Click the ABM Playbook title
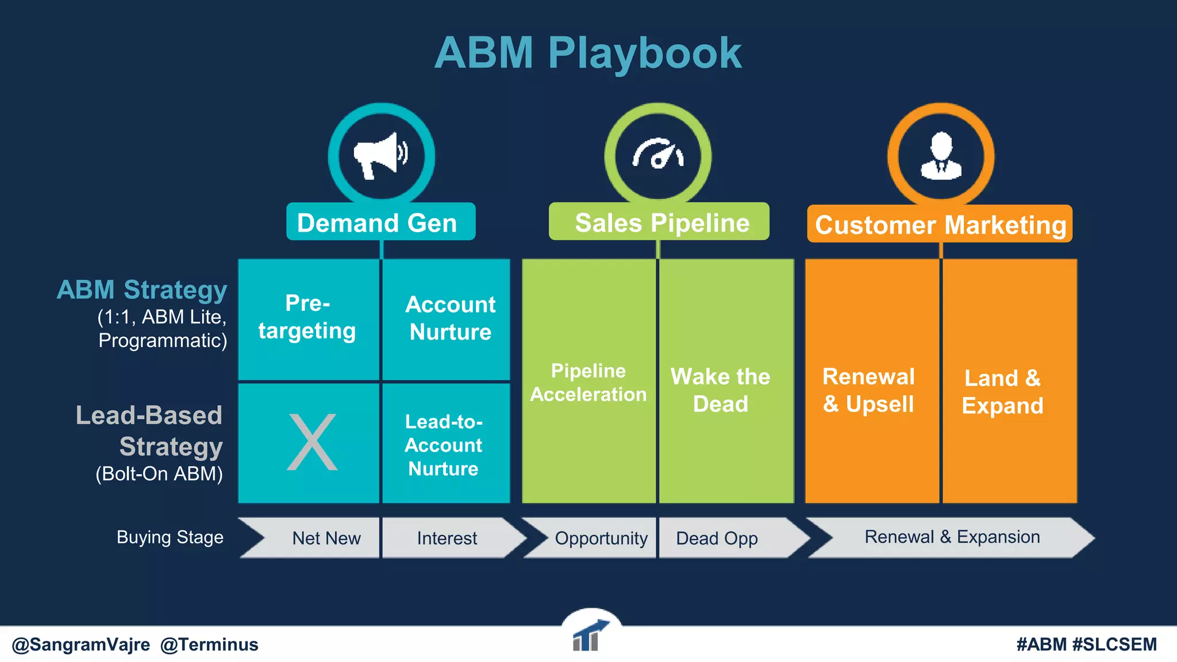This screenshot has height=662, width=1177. (588, 53)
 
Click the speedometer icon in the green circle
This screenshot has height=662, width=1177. (658, 154)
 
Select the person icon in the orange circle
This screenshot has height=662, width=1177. (941, 156)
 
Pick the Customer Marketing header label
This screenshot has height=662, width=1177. (940, 225)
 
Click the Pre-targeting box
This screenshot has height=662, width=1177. (308, 318)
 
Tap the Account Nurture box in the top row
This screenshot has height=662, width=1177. (449, 318)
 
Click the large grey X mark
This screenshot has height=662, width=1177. (312, 442)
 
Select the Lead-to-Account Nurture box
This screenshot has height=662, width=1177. (444, 445)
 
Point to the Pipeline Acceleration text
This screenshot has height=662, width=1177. (588, 382)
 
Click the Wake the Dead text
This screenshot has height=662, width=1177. (720, 390)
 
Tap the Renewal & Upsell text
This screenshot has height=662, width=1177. (868, 390)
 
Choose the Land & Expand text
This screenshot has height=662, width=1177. (1002, 392)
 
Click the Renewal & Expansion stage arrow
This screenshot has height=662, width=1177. (952, 537)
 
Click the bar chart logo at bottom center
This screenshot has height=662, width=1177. (587, 637)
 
